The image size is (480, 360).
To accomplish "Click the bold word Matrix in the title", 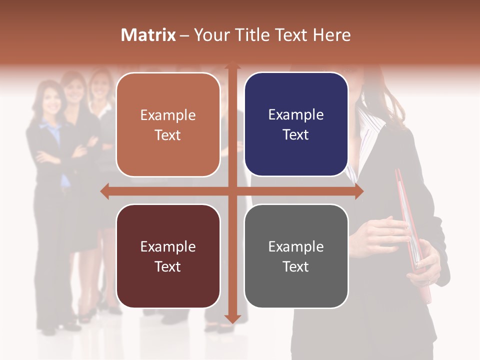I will [x=148, y=35].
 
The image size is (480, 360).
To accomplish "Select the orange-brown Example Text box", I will [x=168, y=125].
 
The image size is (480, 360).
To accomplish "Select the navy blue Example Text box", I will [x=296, y=124].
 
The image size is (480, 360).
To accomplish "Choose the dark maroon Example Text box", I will [x=168, y=256].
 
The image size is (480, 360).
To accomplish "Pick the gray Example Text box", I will [x=296, y=256].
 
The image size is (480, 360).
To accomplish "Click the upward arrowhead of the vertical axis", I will [x=231, y=65].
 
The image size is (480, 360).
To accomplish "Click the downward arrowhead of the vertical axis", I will [x=231, y=318].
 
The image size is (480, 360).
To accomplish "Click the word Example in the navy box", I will [x=296, y=115].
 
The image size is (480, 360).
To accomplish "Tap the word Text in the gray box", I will [x=296, y=266].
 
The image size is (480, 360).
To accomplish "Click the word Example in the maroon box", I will [x=168, y=246].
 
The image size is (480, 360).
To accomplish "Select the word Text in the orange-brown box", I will [x=168, y=135].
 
